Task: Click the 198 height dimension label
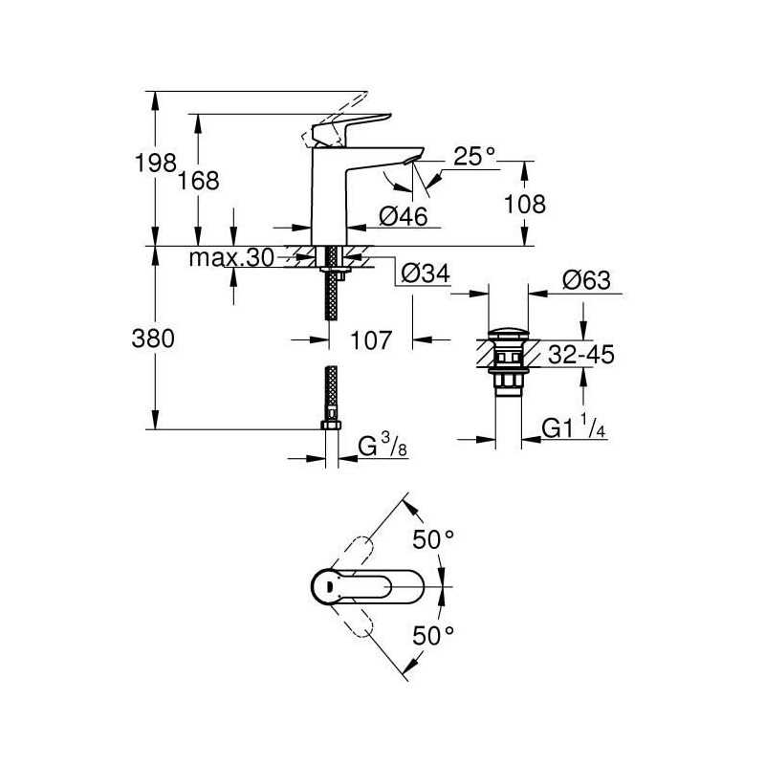155,162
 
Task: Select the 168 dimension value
198,181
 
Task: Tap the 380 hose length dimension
153,339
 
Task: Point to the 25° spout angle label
474,156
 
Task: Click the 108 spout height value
524,205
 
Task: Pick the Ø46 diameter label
403,216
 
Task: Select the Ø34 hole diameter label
426,273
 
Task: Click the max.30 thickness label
231,257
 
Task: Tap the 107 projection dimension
371,340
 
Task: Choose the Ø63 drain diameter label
586,280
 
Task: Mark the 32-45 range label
581,355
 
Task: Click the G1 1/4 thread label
574,426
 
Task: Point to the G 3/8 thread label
383,446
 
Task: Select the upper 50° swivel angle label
433,539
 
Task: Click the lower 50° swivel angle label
433,635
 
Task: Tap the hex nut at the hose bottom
331,425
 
